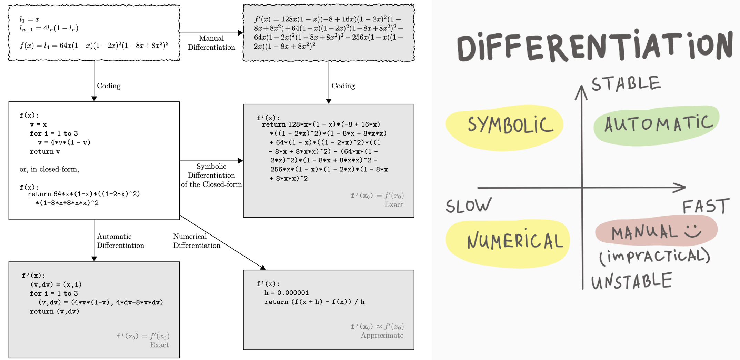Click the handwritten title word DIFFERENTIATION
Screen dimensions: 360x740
tap(594, 47)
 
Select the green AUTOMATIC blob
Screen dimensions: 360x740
tap(656, 125)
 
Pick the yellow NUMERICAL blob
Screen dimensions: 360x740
tap(508, 243)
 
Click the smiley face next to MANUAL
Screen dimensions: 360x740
tap(692, 230)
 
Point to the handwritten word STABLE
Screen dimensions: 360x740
tap(626, 84)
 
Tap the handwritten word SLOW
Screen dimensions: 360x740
tap(468, 206)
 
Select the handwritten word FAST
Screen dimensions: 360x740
tap(706, 207)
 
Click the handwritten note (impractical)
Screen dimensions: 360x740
tap(654, 257)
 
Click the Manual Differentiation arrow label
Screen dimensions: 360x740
tap(211, 43)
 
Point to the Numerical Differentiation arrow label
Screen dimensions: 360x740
tap(197, 241)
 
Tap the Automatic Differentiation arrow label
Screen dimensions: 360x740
tap(120, 241)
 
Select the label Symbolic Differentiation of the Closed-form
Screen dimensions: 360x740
tap(211, 175)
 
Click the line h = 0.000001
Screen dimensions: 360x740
tap(287, 293)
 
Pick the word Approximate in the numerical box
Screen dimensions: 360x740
tap(382, 336)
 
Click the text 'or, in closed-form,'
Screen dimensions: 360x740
tap(49, 169)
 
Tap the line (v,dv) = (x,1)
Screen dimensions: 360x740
tap(56, 284)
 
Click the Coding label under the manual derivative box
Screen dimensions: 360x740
tap(343, 86)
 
